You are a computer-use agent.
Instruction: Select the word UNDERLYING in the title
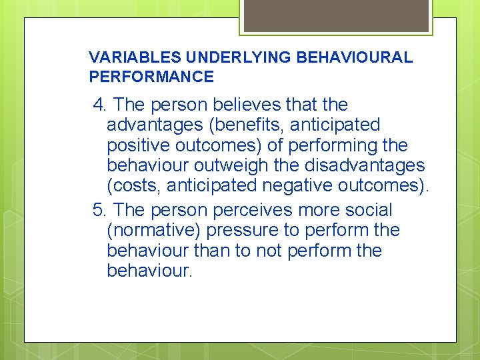click(215, 57)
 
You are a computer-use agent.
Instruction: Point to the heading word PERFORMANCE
click(151, 77)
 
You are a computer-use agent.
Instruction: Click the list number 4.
click(101, 105)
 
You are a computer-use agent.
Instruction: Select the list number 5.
click(101, 210)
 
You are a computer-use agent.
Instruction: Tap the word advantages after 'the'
click(153, 125)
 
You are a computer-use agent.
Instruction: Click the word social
click(366, 210)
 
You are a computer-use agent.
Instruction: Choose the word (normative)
click(153, 231)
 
